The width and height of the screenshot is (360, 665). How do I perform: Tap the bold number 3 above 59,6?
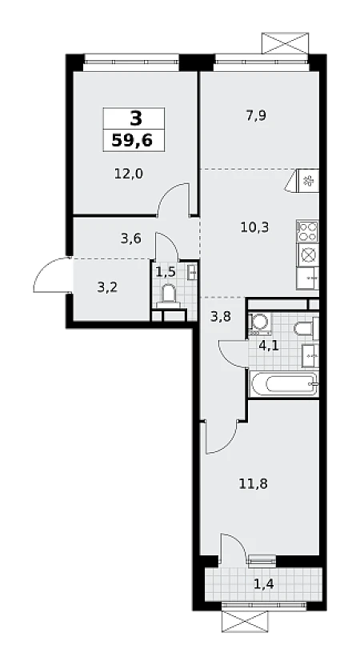coord(136,118)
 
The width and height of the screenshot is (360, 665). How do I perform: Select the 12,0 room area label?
coord(129,174)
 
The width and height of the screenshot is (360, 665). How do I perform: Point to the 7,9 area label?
coord(256,115)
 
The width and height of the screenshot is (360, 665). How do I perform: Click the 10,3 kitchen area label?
coord(254,227)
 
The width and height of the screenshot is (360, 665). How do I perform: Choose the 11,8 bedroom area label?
coord(254,483)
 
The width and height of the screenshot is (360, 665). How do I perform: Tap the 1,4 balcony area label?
coord(263,585)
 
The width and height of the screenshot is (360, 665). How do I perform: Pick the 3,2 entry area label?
coord(107,287)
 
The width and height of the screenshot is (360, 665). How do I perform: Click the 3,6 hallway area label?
coord(130,238)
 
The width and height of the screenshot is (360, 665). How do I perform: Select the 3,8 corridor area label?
coord(221,316)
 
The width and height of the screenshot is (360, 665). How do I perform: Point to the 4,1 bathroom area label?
coord(269,346)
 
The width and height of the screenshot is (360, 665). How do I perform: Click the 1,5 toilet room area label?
coord(166,272)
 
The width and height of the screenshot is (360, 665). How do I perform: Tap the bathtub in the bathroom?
coord(283,384)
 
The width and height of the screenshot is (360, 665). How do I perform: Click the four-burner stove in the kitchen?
coord(307,231)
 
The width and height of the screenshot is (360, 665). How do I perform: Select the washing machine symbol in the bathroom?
coord(257,324)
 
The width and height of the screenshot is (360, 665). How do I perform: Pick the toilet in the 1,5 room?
coord(168,295)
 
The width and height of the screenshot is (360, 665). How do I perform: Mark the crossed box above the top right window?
coord(285,43)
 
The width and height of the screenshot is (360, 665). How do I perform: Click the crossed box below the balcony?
coord(245,621)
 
